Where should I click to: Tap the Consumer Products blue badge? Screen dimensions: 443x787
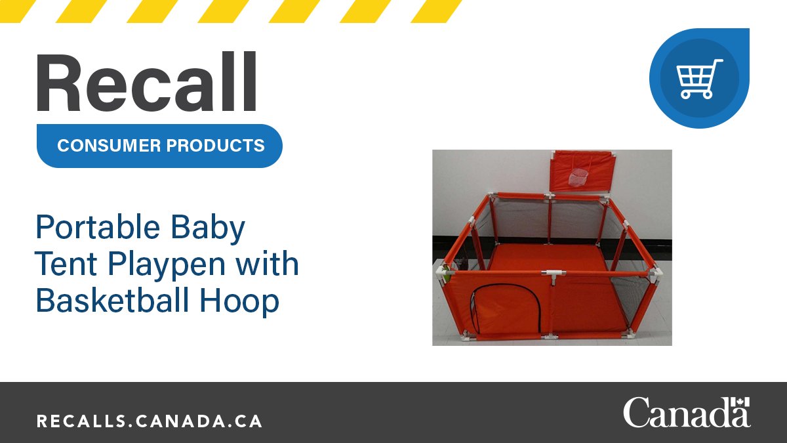click(159, 145)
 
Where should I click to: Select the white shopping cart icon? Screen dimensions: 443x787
click(699, 78)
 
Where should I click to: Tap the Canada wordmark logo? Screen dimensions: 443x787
click(686, 413)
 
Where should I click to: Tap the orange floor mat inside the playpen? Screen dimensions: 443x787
click(551, 256)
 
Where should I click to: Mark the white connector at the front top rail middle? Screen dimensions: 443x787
click(551, 273)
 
